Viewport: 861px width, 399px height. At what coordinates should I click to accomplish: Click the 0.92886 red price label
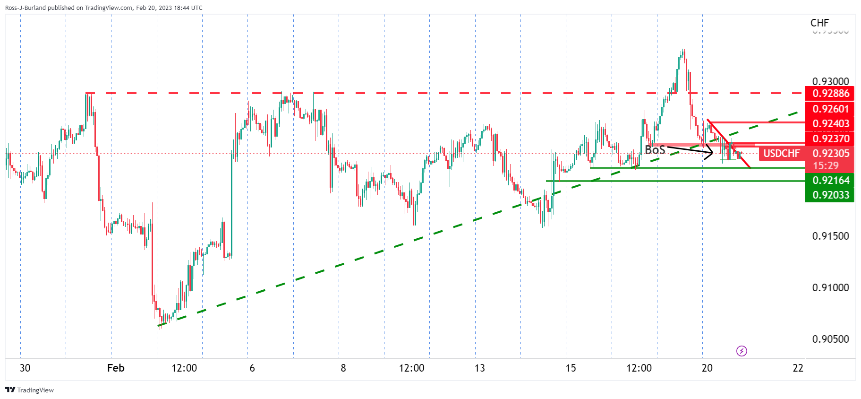pyautogui.click(x=830, y=94)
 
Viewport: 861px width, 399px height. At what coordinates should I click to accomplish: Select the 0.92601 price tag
pyautogui.click(x=830, y=109)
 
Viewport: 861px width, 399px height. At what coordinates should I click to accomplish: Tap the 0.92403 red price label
pyautogui.click(x=830, y=124)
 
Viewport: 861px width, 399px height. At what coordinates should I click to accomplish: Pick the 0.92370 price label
pyautogui.click(x=830, y=139)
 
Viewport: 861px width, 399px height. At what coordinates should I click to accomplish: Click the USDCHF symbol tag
pyautogui.click(x=781, y=153)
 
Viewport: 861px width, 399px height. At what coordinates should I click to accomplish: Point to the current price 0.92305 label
pyautogui.click(x=830, y=153)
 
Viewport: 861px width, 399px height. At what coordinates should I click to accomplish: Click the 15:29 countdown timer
pyautogui.click(x=826, y=165)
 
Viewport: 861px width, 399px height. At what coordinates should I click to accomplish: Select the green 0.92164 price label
pyautogui.click(x=830, y=180)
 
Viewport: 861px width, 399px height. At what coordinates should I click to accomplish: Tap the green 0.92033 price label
pyautogui.click(x=830, y=195)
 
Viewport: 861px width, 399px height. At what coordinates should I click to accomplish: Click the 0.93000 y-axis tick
pyautogui.click(x=830, y=81)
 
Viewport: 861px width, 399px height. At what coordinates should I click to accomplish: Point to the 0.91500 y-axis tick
pyautogui.click(x=830, y=236)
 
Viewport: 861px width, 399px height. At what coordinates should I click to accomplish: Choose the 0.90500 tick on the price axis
pyautogui.click(x=830, y=339)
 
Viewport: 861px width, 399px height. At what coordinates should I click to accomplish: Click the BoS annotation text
pyautogui.click(x=655, y=150)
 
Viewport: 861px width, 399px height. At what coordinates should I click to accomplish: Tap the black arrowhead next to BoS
pyautogui.click(x=710, y=153)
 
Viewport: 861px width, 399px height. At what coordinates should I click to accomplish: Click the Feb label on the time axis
pyautogui.click(x=116, y=368)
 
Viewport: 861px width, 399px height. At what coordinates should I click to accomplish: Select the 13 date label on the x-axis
pyautogui.click(x=479, y=368)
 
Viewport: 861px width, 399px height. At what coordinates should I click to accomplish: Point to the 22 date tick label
pyautogui.click(x=798, y=368)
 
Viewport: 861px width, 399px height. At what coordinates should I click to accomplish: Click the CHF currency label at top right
pyautogui.click(x=819, y=23)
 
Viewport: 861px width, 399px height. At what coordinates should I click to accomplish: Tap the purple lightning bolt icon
pyautogui.click(x=742, y=351)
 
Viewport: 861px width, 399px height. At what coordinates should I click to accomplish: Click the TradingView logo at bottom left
pyautogui.click(x=29, y=390)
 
